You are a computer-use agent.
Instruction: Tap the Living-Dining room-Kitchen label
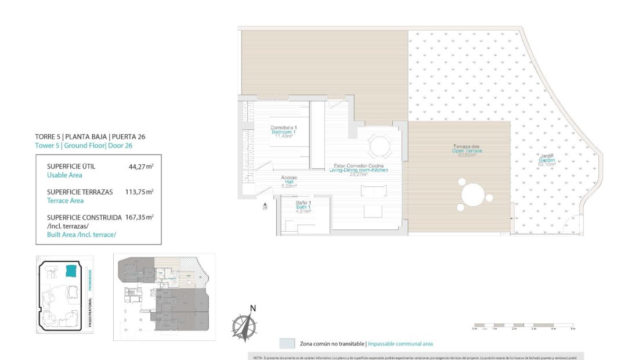(357, 170)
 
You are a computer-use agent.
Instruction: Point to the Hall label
(289, 182)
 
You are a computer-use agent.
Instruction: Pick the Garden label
(547, 160)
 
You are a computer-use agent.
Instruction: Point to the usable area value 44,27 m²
(140, 167)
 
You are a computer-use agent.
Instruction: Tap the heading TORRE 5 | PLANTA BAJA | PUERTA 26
(90, 136)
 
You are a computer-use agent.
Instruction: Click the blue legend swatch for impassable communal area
(287, 343)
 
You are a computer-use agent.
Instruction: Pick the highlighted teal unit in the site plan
(71, 271)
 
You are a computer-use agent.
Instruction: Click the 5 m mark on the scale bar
(572, 329)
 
